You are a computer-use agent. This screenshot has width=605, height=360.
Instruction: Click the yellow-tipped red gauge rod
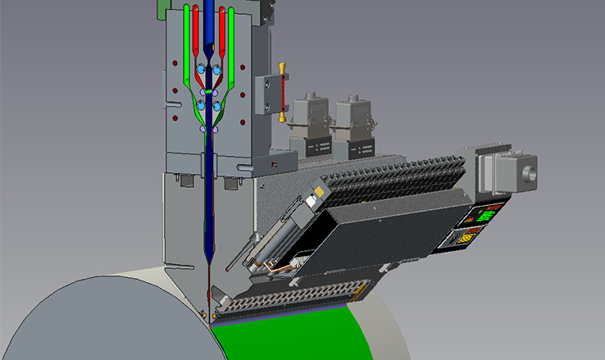click(x=281, y=90)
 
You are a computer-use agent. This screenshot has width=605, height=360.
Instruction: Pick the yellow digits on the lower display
click(x=470, y=239)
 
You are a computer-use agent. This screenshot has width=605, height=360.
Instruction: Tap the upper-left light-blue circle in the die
click(x=202, y=68)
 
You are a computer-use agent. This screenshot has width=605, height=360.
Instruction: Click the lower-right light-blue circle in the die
click(x=216, y=106)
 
